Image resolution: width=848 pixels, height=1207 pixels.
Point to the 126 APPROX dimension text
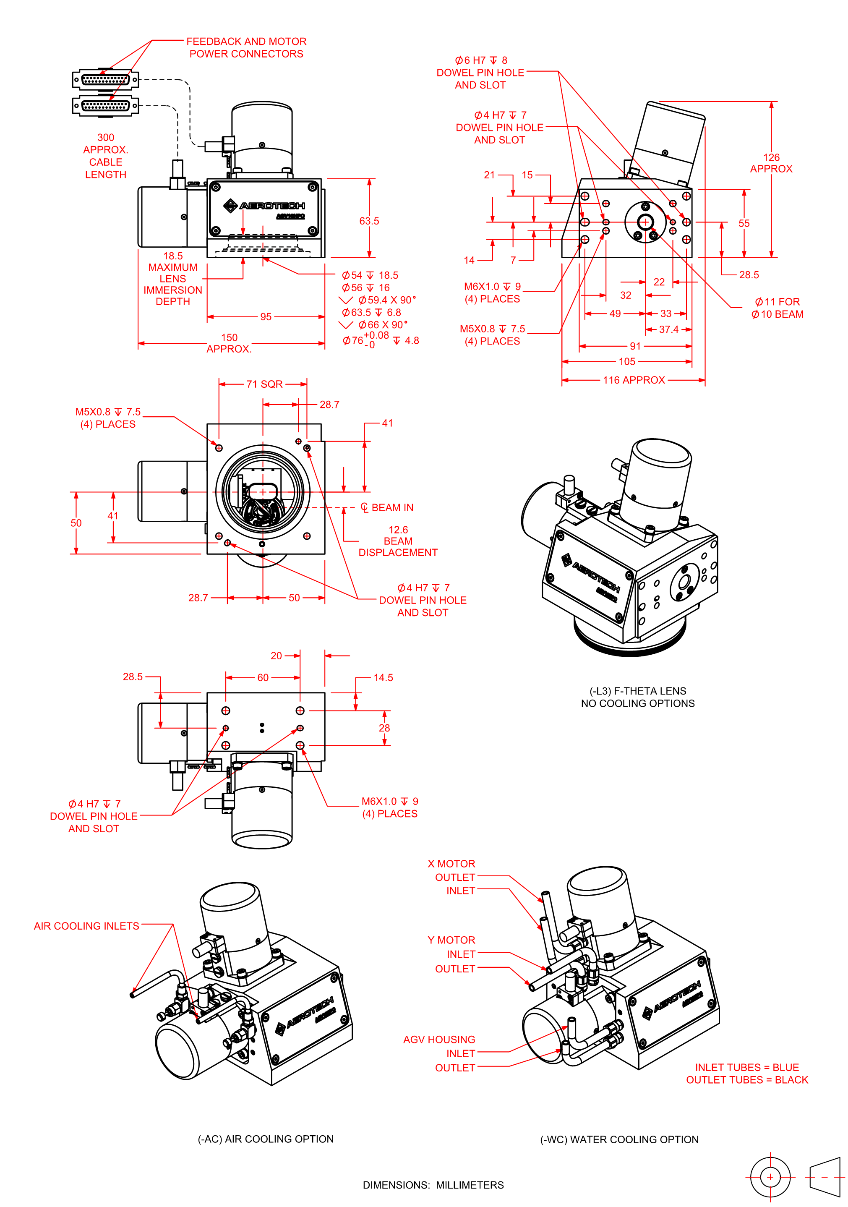[771, 163]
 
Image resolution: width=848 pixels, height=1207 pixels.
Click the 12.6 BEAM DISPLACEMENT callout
[397, 541]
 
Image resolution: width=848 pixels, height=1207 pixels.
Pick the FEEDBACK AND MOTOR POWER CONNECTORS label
[246, 47]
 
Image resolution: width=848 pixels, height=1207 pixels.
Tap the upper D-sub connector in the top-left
[105, 80]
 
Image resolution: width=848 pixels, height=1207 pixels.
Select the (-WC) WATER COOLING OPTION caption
[619, 1139]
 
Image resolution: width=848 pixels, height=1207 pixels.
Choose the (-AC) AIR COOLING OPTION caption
[266, 1139]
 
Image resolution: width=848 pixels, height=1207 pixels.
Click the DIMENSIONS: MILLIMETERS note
[433, 1185]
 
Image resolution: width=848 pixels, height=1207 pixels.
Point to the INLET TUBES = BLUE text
[746, 1067]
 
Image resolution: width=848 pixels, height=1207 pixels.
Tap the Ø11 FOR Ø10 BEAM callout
[777, 308]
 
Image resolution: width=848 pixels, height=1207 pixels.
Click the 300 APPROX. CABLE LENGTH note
[106, 156]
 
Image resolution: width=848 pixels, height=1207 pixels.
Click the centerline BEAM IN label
[387, 507]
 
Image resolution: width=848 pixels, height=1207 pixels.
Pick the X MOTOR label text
[451, 864]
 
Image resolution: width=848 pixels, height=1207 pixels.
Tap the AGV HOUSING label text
[439, 1039]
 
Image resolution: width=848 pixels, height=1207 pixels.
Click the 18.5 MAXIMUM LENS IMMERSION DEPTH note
[172, 279]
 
